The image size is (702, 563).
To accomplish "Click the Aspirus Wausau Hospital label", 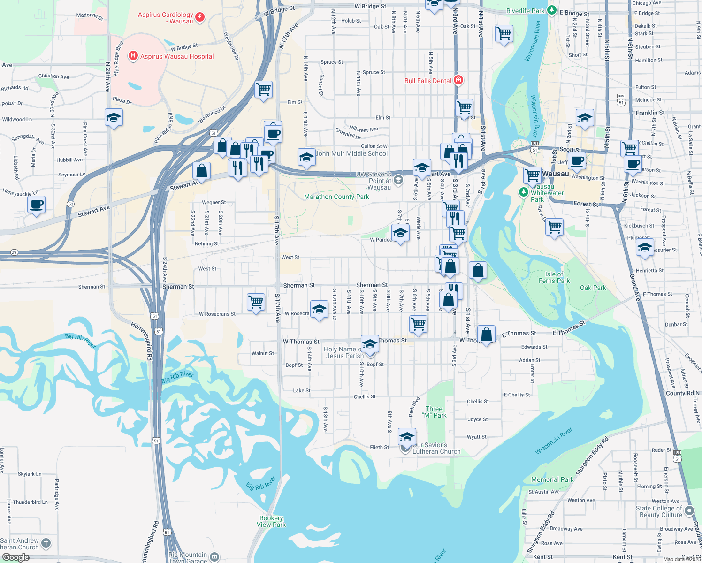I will coord(177,56).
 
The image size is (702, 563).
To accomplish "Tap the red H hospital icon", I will coord(133,56).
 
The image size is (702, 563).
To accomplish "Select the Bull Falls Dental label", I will coord(427,81).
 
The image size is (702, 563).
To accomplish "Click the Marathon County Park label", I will coord(336,197).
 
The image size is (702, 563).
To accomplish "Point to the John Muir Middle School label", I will coord(351,153).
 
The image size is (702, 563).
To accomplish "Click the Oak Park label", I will coord(593,288).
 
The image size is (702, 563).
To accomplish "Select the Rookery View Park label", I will coord(271,521).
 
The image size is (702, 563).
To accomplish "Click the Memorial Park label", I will coord(552,479).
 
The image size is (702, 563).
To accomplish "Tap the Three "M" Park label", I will coord(434,412).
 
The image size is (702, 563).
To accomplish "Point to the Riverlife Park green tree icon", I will coord(552,10).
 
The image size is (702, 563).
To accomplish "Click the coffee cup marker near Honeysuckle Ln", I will coord(36,205).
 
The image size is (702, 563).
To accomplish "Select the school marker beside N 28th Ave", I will coord(114,117).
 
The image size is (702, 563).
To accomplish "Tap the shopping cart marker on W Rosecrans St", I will coord(256,302).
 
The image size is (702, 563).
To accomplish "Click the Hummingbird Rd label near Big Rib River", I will coord(142,341).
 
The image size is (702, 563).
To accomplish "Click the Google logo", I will coord(15,557).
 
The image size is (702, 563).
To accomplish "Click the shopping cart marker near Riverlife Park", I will coord(504,33).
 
